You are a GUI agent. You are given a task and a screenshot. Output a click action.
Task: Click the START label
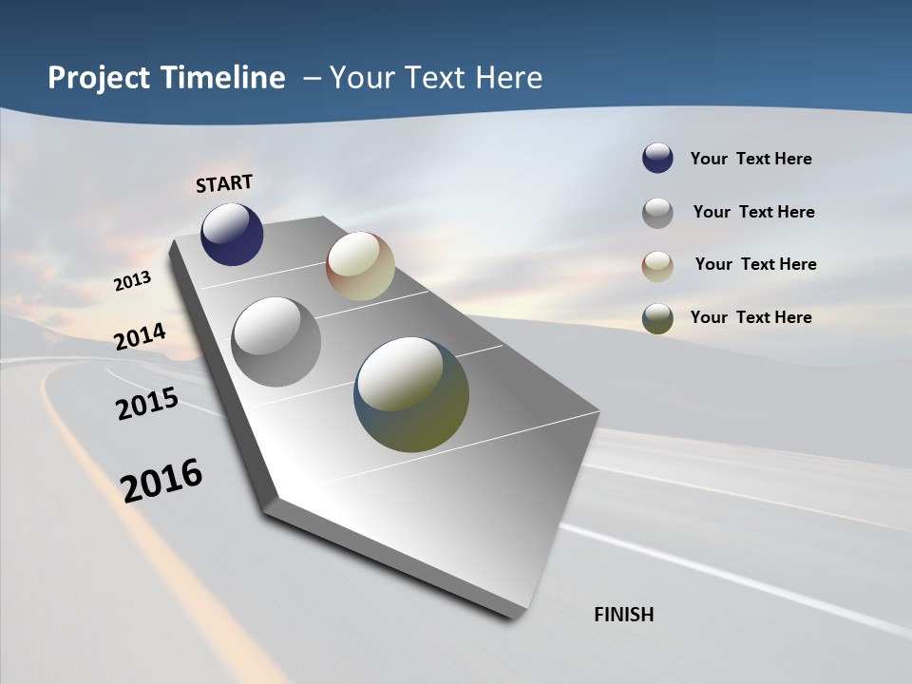(x=224, y=183)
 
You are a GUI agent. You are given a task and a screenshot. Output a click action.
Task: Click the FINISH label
(x=624, y=615)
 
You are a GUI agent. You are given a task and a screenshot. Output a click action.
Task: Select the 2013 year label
(x=133, y=281)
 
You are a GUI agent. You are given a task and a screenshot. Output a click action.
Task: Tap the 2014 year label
(x=141, y=336)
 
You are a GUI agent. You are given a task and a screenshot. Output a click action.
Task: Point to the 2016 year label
(x=161, y=481)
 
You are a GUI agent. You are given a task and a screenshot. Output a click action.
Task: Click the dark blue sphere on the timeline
(x=232, y=234)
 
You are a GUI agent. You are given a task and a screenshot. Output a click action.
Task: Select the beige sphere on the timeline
(x=360, y=266)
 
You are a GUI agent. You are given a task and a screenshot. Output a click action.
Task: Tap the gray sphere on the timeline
(x=276, y=342)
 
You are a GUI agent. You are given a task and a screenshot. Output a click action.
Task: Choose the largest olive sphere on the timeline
(x=411, y=394)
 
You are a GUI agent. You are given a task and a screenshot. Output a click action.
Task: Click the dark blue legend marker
(x=657, y=159)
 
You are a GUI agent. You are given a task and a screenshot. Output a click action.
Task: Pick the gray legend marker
(x=657, y=213)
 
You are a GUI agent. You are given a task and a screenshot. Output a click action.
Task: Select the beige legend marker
(x=657, y=265)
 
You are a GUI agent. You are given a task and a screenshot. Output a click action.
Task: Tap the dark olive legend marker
(x=657, y=318)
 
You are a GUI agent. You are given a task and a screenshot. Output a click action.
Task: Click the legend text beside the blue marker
(x=750, y=159)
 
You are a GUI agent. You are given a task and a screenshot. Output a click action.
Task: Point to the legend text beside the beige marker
(x=755, y=264)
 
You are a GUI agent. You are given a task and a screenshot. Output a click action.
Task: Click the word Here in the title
(x=507, y=78)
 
